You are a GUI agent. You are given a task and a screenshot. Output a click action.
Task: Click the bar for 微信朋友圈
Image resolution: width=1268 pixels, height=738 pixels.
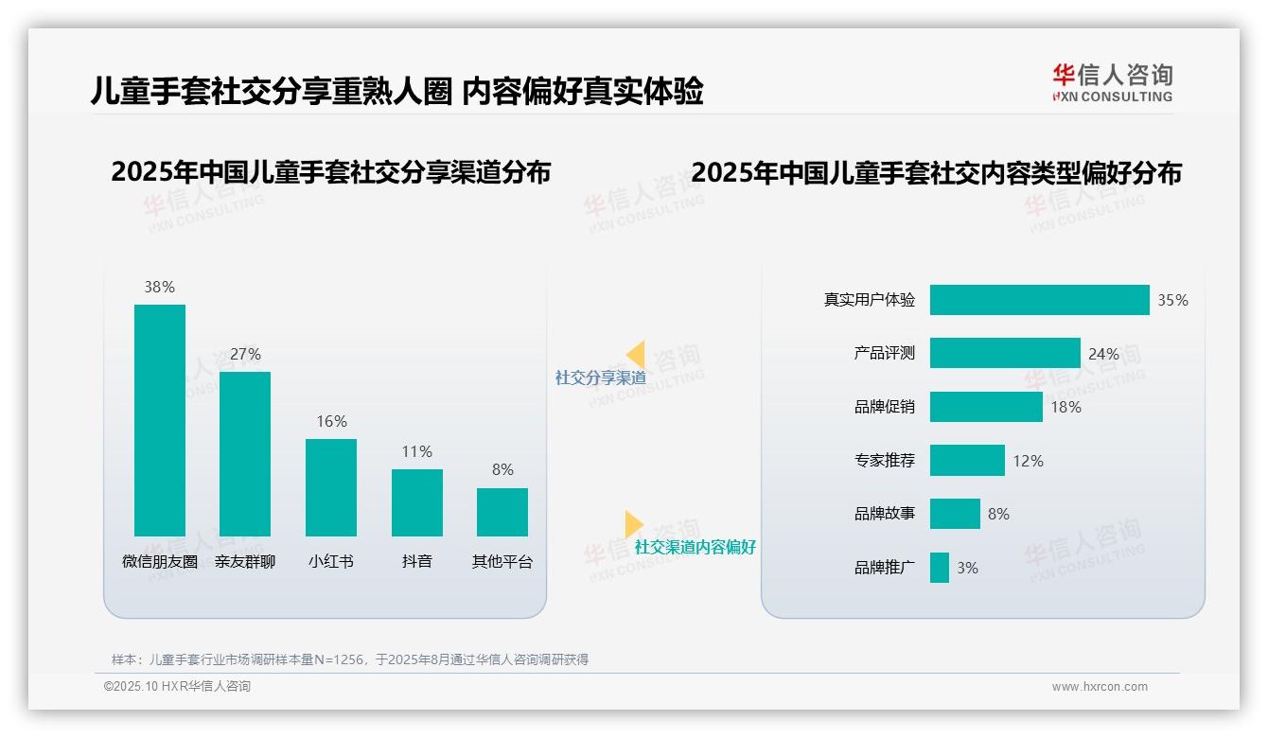tap(160, 420)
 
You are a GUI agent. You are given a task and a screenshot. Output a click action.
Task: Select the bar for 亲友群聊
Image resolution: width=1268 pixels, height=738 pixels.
tap(245, 454)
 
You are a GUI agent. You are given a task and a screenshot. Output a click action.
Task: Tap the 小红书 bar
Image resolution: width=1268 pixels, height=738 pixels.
tap(331, 487)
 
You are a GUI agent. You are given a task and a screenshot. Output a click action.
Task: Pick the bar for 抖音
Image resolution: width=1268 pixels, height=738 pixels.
tap(417, 502)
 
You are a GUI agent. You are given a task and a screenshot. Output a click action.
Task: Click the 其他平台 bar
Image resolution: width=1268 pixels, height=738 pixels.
tap(502, 512)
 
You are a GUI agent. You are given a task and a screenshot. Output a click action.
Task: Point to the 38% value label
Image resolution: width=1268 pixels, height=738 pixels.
tap(160, 287)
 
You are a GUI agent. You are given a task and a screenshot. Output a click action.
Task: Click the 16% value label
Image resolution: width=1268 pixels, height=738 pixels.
tap(331, 421)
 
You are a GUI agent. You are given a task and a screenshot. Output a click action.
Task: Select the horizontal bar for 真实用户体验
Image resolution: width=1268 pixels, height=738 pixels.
tap(1039, 300)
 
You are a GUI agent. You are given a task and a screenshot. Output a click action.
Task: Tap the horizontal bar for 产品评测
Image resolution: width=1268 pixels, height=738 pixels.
tap(1005, 353)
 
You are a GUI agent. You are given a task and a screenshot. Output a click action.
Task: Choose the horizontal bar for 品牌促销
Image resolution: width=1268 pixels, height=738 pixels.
tap(986, 407)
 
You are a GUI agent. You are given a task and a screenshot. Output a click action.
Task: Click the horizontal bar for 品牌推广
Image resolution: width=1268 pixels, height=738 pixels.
tap(940, 568)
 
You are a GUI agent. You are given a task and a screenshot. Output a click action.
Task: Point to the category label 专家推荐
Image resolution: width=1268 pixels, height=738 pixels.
tap(885, 461)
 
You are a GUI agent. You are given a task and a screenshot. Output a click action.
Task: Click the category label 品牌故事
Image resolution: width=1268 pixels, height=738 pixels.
tap(885, 514)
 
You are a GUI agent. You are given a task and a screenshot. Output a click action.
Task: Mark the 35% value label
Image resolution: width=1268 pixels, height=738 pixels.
tap(1172, 300)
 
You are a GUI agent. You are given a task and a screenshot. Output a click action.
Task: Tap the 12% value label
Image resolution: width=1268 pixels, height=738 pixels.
tap(1028, 461)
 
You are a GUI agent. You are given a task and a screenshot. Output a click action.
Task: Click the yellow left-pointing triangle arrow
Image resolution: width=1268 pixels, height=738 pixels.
tap(635, 355)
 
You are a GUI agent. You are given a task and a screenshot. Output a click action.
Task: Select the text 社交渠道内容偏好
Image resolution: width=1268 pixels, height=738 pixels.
tap(695, 547)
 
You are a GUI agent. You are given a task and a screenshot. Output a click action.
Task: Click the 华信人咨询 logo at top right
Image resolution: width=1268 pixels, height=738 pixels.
tap(1112, 82)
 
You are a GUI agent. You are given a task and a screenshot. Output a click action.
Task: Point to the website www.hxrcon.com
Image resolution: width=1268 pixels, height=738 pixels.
tap(1100, 687)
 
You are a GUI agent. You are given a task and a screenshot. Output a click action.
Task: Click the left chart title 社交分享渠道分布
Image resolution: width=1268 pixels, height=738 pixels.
tap(330, 173)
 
